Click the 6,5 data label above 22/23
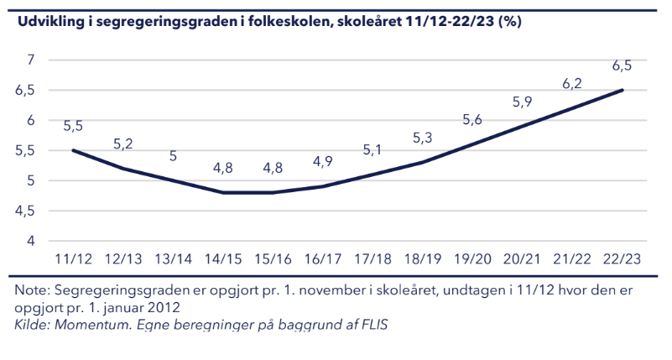(622, 65)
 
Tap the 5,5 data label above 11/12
(73, 126)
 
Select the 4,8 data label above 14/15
(223, 168)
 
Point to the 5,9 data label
(522, 102)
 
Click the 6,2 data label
(571, 84)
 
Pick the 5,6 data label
(472, 119)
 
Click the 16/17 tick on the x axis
(323, 259)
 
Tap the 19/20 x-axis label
(472, 259)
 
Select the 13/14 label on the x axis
(173, 259)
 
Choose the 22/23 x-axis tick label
(622, 259)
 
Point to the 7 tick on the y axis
(30, 60)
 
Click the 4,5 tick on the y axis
(25, 211)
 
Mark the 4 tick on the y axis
(30, 241)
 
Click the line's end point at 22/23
(622, 90)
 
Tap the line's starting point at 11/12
(73, 150)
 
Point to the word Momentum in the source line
(92, 325)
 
